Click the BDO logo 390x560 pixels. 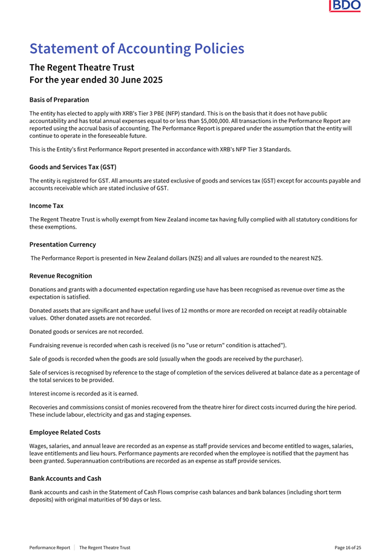(345, 7)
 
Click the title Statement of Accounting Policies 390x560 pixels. (137, 48)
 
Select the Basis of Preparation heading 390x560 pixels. (59, 100)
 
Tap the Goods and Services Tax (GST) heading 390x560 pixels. (73, 167)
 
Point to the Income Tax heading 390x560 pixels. (46, 206)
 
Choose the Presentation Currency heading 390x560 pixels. (62, 244)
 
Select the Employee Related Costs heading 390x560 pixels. (65, 432)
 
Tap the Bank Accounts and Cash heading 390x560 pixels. (65, 478)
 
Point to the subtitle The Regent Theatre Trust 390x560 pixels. (82, 67)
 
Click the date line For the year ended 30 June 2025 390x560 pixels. (96, 80)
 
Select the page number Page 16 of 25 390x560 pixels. (348, 548)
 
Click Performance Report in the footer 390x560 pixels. (50, 548)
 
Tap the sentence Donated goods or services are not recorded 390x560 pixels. (86, 331)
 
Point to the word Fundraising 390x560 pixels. (45, 345)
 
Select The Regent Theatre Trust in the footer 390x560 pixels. (105, 548)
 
